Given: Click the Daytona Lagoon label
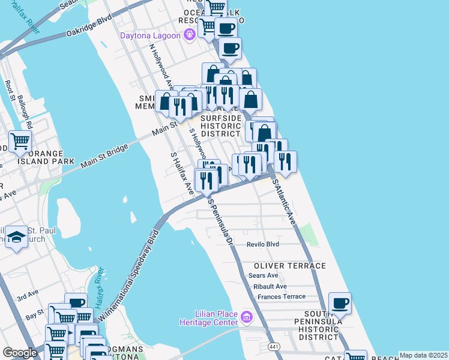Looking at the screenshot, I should click(x=150, y=35).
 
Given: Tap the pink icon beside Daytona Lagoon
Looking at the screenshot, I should click(x=190, y=35).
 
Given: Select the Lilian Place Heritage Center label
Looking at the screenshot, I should click(x=209, y=317).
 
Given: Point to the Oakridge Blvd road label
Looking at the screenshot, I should click(x=89, y=27).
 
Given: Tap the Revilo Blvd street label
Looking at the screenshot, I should click(x=263, y=244).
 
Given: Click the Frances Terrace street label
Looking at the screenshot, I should click(x=281, y=297).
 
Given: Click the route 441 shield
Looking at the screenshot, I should click(x=274, y=347).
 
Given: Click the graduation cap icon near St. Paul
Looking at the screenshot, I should click(x=17, y=238).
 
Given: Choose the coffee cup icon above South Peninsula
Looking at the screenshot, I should click(x=340, y=304).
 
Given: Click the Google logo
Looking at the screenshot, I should click(x=20, y=353).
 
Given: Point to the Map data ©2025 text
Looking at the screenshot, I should click(x=423, y=355).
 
